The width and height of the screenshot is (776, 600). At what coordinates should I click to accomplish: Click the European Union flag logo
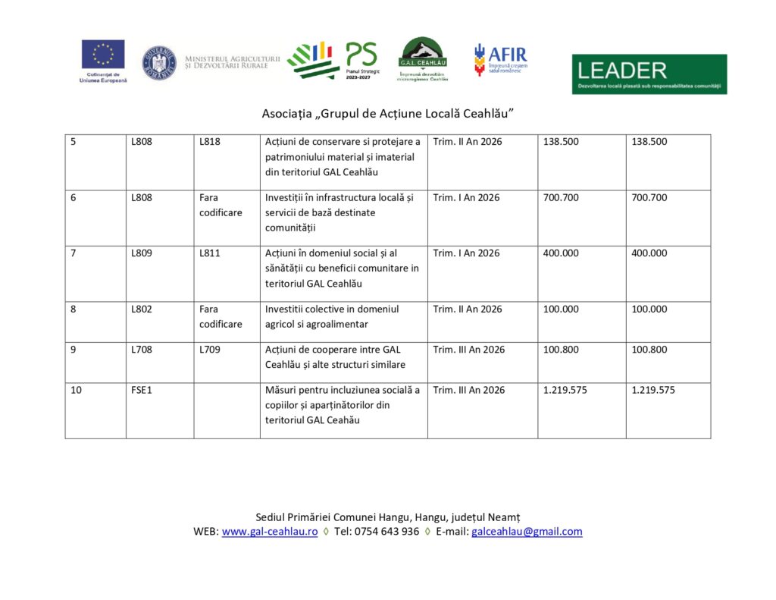coord(103,55)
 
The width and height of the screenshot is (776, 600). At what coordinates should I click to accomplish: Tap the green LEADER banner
coord(649,74)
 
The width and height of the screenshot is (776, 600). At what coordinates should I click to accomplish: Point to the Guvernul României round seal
coord(159,63)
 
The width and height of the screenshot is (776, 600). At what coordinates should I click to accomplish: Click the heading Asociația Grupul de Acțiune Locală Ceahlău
coord(387,113)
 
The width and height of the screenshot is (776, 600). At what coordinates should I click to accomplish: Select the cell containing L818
coord(210,142)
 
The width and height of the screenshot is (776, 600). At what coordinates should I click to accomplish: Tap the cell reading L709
coord(210,350)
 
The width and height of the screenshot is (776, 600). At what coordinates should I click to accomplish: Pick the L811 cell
coord(210,253)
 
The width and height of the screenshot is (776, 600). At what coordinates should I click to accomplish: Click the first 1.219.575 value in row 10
coord(565,391)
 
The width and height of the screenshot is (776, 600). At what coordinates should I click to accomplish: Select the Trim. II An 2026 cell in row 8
coord(467,309)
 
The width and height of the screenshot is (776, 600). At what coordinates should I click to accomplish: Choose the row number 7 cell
coord(74,253)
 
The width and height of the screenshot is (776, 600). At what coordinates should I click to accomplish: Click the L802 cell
coord(142,309)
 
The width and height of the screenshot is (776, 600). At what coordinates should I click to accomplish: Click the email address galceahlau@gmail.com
coord(527,532)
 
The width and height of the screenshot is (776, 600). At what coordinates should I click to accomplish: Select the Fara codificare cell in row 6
coord(221,206)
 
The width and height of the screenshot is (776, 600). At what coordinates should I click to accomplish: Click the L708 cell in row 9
coord(142,350)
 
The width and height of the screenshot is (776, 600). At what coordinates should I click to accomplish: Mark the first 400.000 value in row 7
coord(562,253)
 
